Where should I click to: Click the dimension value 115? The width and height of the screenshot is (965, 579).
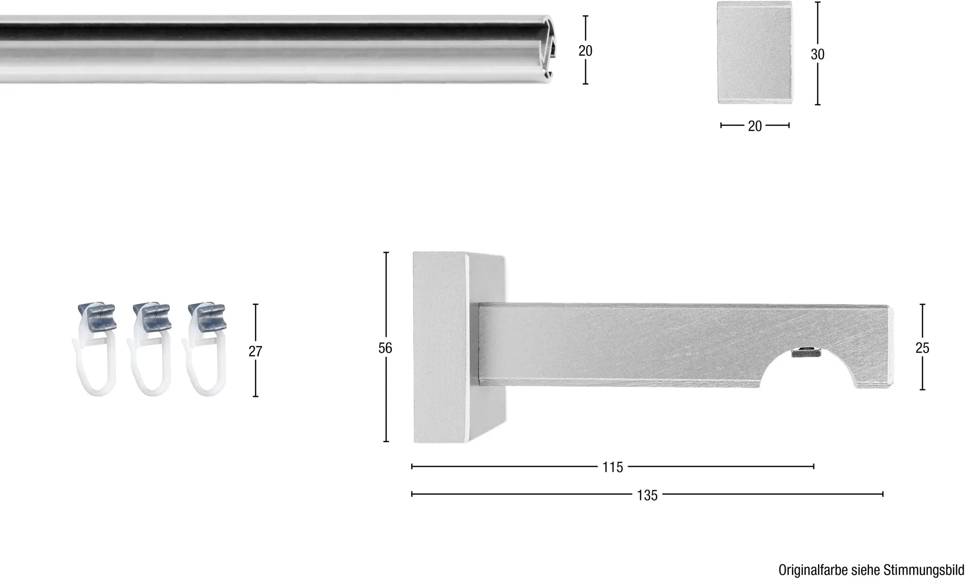click(x=613, y=467)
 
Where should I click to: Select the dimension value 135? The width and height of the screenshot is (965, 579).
click(x=647, y=495)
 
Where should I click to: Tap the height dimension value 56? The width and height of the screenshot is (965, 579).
click(x=385, y=348)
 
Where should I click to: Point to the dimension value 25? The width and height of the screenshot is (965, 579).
click(x=922, y=348)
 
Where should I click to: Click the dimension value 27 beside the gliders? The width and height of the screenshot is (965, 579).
click(x=255, y=351)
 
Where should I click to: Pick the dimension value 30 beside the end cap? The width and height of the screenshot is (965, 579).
click(x=818, y=55)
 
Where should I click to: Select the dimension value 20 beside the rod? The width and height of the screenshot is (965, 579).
click(x=585, y=50)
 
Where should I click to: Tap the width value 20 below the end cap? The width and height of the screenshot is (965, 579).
click(x=755, y=126)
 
